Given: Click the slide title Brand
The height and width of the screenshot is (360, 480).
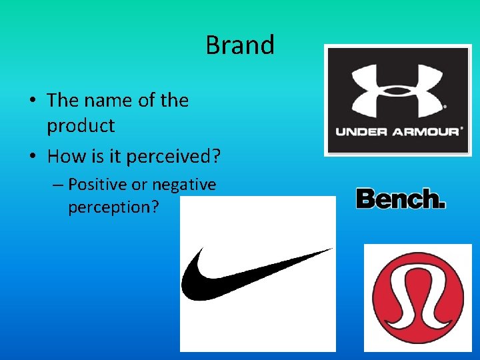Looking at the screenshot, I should tap(240, 45).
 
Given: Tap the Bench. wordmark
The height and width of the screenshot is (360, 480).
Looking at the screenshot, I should tap(400, 199).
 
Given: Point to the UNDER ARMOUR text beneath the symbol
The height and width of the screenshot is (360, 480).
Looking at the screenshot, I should tap(397, 131).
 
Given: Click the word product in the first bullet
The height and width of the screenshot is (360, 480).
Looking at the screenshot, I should tap(81, 125).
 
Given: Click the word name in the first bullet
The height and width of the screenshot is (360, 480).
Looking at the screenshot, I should tap(107, 101).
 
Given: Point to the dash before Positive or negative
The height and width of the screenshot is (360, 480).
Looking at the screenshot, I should tap(56, 185).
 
